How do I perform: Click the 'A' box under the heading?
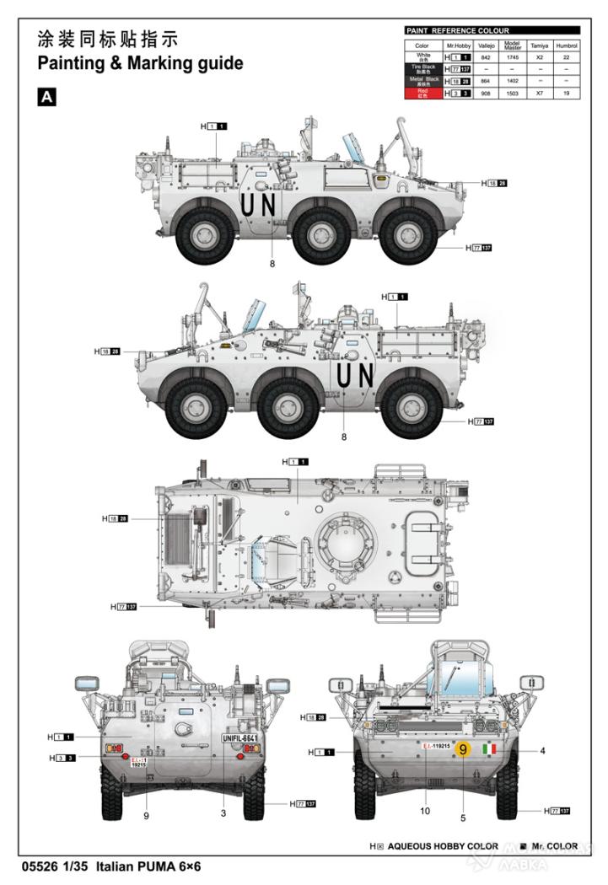coord(47,98)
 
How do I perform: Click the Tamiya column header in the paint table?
coord(539,46)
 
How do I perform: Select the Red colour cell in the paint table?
coord(422,94)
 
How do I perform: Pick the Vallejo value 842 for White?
coord(485,57)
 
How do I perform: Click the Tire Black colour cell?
coord(422,69)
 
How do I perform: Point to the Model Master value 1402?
coord(511,82)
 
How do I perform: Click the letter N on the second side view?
coord(366,375)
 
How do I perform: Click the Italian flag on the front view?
coord(489,748)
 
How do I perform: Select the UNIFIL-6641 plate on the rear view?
coord(239,737)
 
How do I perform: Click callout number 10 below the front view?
coord(425,811)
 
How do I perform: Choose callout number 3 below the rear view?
coord(223,813)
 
